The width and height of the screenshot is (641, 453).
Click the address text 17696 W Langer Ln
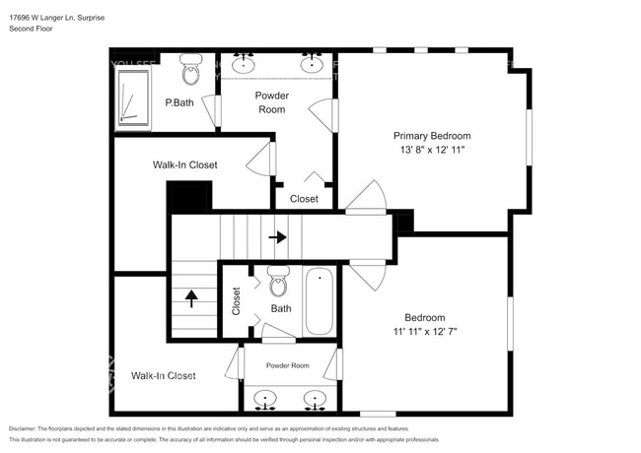pyautogui.click(x=49, y=16)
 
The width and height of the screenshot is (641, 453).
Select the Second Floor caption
pyautogui.click(x=31, y=29)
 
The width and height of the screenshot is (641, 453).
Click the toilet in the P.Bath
pyautogui.click(x=191, y=70)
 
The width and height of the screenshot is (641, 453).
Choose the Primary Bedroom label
pyautogui.click(x=432, y=136)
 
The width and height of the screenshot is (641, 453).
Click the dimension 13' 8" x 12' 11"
pyautogui.click(x=432, y=151)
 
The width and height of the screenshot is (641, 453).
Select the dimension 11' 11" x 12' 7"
pyautogui.click(x=424, y=332)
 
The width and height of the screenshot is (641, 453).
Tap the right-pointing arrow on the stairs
pyautogui.click(x=278, y=237)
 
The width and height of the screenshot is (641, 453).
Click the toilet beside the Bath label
pyautogui.click(x=278, y=281)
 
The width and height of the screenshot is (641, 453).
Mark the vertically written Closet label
pyautogui.click(x=236, y=300)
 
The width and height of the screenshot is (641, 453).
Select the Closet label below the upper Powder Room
pyautogui.click(x=304, y=199)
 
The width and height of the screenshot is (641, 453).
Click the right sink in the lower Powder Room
pyautogui.click(x=315, y=400)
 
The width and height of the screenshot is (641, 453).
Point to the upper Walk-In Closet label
pyautogui.click(x=184, y=165)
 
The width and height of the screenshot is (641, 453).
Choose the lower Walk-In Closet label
pyautogui.click(x=163, y=375)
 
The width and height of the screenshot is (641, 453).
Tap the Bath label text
pyautogui.click(x=281, y=308)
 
